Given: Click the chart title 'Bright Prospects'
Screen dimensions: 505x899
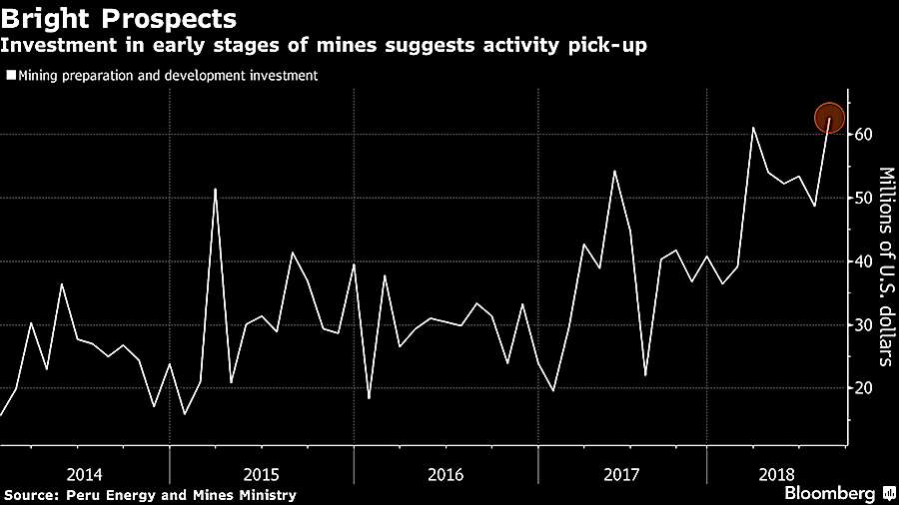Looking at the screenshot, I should (x=121, y=18).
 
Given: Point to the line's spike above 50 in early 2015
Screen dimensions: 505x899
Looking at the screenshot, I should (x=216, y=189).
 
